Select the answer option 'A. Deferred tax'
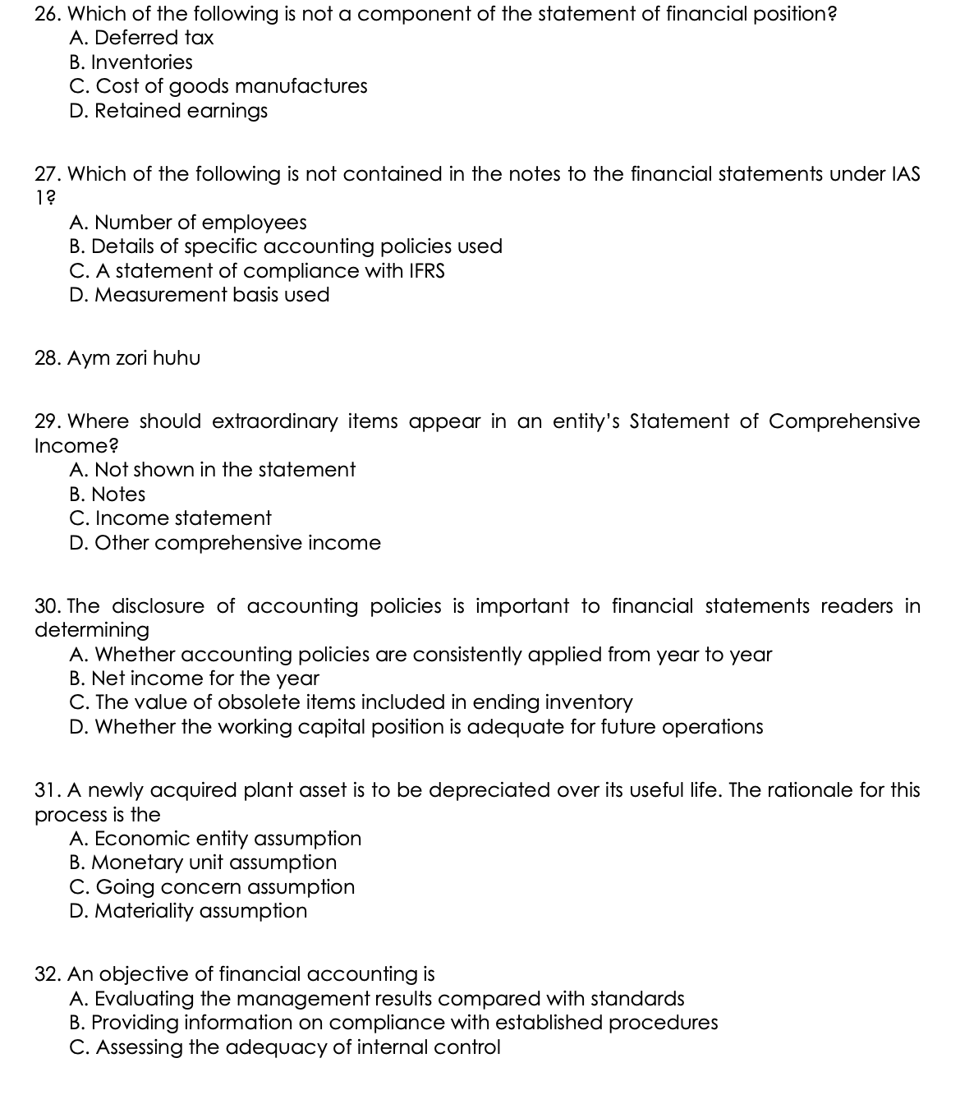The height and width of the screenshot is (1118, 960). pos(142,38)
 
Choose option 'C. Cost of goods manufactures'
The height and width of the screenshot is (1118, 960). pos(218,86)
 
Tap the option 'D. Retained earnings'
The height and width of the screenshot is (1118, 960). pos(169,111)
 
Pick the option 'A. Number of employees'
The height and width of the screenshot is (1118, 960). pos(188,223)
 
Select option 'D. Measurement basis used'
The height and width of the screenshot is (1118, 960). pos(200,295)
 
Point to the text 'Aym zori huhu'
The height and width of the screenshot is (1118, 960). pos(134,358)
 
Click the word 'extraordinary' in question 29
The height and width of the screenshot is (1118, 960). pos(274,421)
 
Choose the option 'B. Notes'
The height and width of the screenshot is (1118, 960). pos(108,495)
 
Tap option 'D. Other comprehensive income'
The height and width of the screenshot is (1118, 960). pos(225,543)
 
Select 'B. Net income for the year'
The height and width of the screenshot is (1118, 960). pos(195,679)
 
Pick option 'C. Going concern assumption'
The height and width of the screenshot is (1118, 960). pos(213,887)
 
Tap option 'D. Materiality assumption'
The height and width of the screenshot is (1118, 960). pos(189,911)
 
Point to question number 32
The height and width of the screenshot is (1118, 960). pos(48,974)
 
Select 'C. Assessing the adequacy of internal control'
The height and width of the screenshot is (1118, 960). pos(285,1047)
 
